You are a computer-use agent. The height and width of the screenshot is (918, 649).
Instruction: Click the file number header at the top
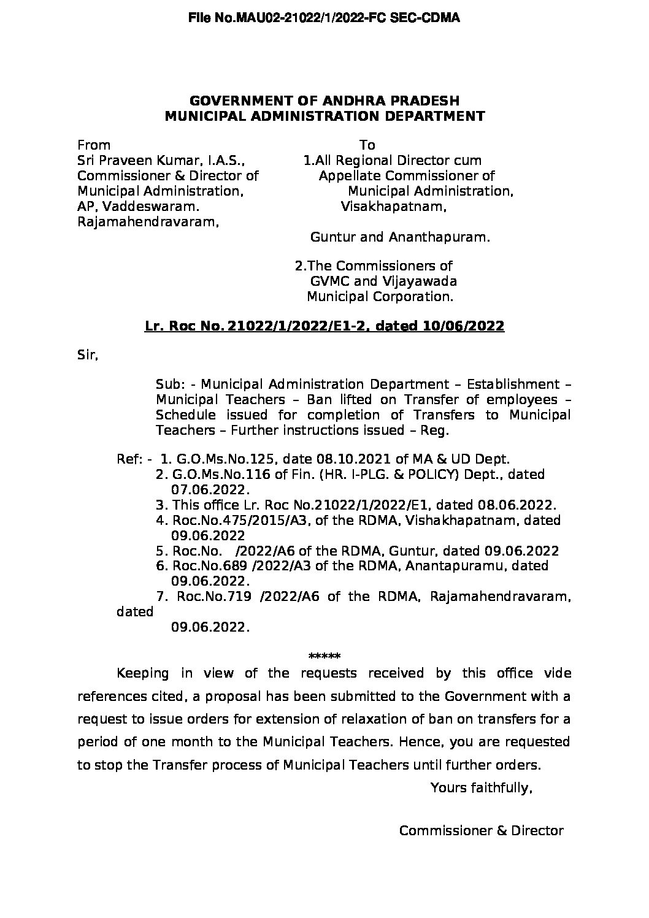point(324,18)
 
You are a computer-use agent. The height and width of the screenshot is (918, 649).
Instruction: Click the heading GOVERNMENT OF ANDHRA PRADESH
point(324,101)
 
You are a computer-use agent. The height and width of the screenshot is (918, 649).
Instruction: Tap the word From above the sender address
point(93,145)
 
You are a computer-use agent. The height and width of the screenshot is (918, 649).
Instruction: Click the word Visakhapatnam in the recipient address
point(393,207)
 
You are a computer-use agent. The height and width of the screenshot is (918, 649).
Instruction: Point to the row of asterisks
point(324,656)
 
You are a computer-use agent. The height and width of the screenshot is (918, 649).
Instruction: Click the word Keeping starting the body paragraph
point(142,673)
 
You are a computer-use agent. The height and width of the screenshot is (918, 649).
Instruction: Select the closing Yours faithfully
point(481,787)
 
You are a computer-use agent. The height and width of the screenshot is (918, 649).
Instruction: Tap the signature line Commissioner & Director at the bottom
point(481,830)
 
